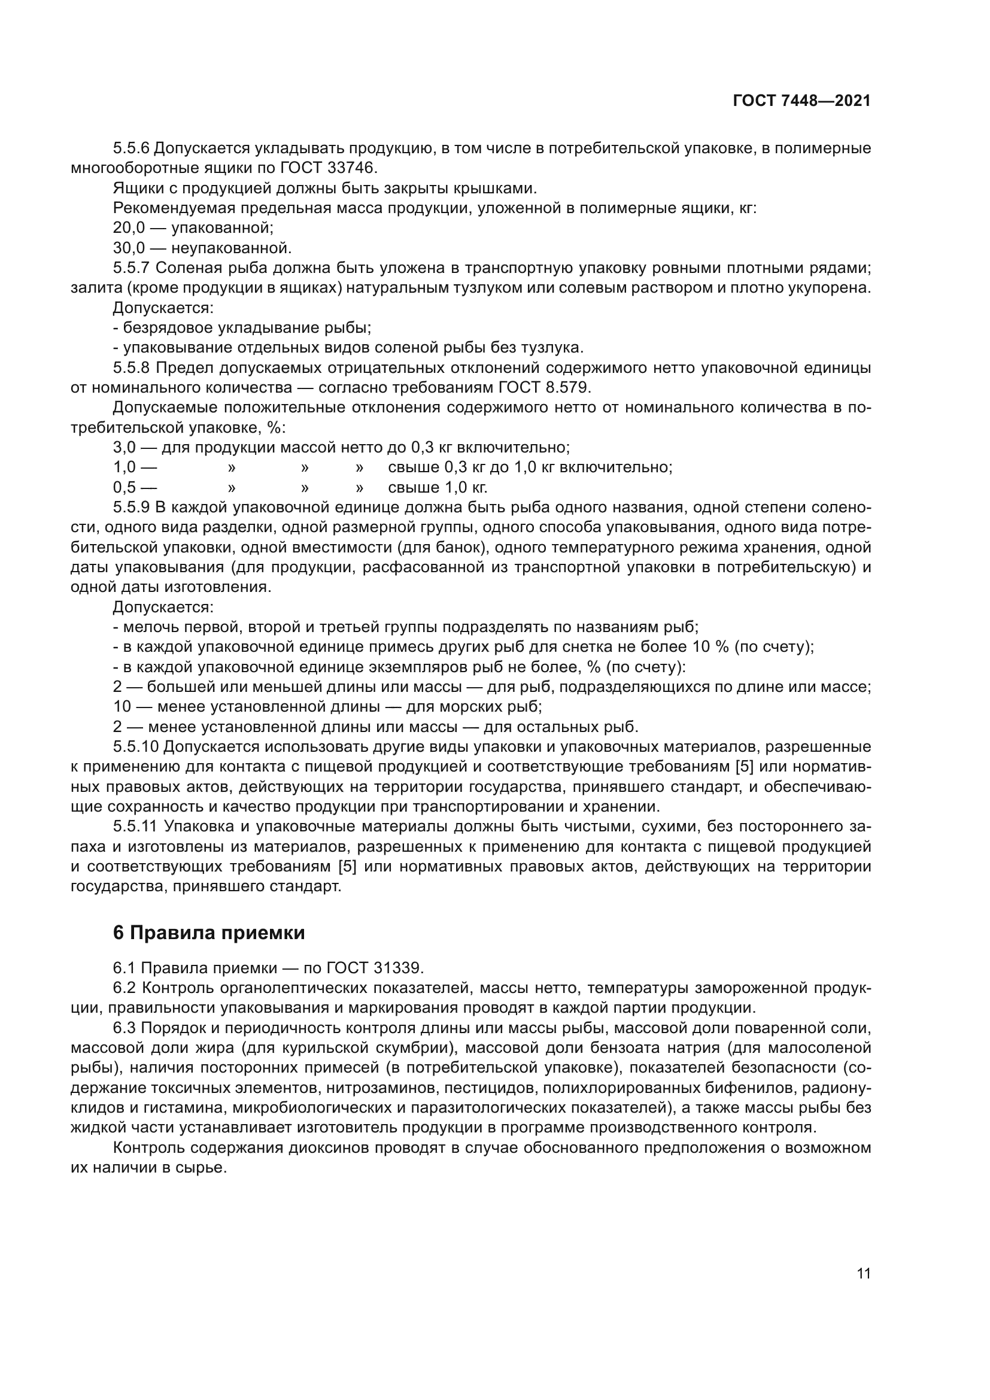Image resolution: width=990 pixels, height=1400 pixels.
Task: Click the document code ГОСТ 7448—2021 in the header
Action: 801,101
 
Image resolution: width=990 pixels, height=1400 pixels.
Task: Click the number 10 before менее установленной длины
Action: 122,707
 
